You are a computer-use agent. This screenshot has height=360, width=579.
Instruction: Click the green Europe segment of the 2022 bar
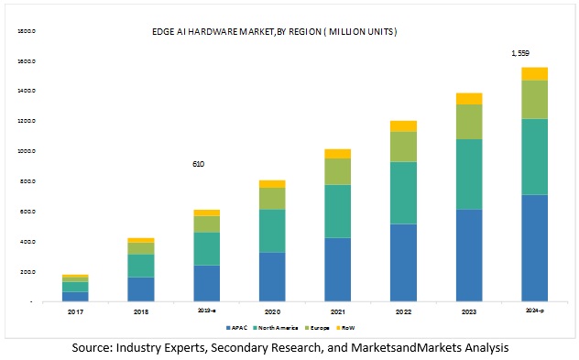click(403, 147)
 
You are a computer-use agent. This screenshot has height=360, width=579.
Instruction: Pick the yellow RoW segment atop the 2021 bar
click(337, 153)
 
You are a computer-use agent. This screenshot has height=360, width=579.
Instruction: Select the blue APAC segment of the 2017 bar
click(75, 296)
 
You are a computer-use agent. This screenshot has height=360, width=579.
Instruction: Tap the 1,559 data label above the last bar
click(521, 54)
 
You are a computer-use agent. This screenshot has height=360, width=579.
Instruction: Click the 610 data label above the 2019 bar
click(198, 164)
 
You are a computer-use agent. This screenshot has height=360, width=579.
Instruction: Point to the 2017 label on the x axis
click(75, 311)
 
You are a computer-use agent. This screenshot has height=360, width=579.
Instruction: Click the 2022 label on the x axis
click(403, 311)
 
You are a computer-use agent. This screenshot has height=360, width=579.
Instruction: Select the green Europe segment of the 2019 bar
click(206, 224)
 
